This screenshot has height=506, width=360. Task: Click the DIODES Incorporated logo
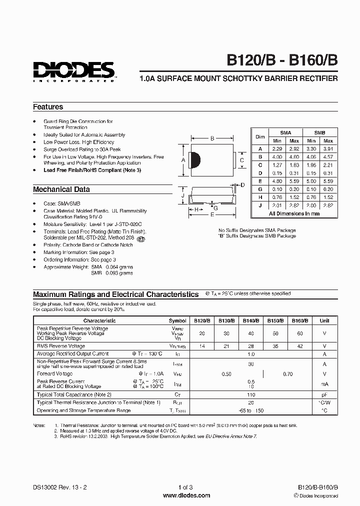coord(74,71)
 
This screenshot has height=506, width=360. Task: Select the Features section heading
coord(48,107)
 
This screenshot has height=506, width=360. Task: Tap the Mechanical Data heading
coord(61,189)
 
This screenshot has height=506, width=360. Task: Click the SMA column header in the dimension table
coord(285,133)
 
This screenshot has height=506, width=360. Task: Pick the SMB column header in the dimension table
coord(319,133)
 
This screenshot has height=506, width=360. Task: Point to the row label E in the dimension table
coord(260,181)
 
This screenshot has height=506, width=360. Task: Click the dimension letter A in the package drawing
coord(183,159)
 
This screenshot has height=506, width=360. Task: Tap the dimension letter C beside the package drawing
coord(241,160)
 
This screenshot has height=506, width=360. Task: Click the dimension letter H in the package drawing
coord(196,209)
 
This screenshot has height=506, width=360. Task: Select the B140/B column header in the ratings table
coord(249,320)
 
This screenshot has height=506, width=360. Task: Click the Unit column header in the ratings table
coord(324,320)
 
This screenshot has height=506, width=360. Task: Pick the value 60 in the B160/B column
coord(299,333)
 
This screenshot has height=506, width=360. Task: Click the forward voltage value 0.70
coord(287,373)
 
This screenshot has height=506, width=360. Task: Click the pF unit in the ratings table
coord(324,394)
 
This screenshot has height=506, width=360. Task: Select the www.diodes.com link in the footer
coord(186,495)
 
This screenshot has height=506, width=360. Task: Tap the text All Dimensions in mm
coord(294,213)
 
